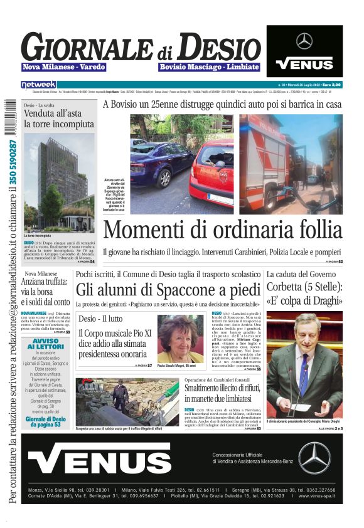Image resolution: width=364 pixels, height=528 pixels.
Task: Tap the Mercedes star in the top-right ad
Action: coord(304,41)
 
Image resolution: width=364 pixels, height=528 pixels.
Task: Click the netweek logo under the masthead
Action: coord(38,84)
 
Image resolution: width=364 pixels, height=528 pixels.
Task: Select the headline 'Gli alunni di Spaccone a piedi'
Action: coord(168,290)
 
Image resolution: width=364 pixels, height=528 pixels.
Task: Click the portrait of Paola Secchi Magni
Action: coord(181,339)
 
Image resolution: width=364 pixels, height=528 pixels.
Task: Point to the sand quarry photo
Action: coord(128,402)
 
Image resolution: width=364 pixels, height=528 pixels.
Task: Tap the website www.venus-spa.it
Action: coord(318,495)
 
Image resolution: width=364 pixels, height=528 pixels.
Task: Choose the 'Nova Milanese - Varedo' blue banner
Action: coord(64,67)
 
